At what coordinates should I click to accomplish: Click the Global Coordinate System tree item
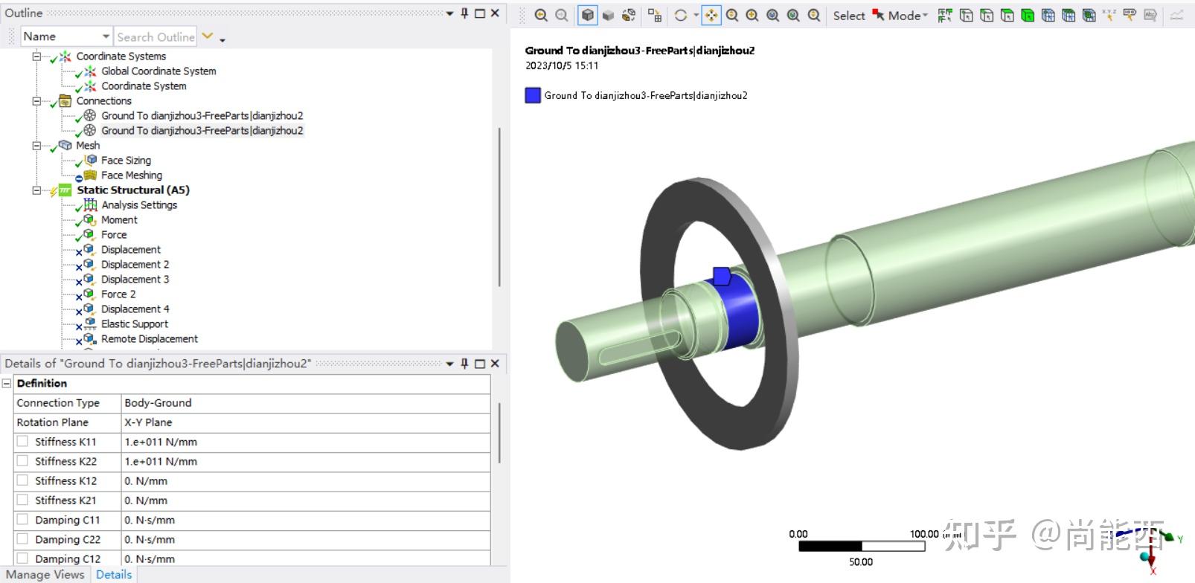point(158,71)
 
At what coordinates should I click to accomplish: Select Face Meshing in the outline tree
point(131,175)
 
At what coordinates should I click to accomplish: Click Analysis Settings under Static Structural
point(139,205)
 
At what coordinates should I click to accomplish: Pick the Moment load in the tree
point(119,220)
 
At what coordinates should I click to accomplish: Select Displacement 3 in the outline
point(135,280)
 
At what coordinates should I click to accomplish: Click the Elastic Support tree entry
point(134,324)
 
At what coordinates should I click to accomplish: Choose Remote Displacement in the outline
point(149,339)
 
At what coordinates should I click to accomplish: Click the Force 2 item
point(118,294)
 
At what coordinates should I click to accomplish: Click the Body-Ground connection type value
point(158,403)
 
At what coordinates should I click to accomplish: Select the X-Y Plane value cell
point(148,422)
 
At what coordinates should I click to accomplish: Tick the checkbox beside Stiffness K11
point(22,442)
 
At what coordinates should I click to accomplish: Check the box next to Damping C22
point(22,539)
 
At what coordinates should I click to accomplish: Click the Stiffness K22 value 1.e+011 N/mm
point(161,462)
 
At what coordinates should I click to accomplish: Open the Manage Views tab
point(45,575)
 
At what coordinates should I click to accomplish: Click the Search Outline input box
point(155,37)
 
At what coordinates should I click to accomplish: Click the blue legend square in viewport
point(533,95)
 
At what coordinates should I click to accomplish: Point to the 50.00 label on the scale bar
point(861,562)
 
